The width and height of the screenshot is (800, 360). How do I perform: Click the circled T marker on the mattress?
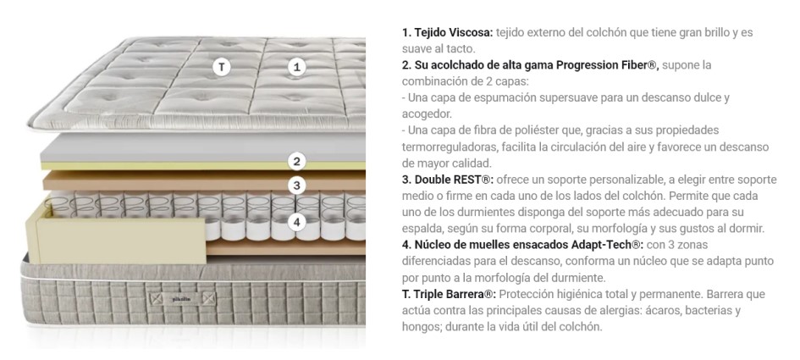pos(222,67)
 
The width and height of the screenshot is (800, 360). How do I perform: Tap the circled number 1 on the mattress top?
pos(297,67)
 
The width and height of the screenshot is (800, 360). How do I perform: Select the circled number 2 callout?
pos(297,162)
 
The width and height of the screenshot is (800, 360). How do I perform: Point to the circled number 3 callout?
pos(297,186)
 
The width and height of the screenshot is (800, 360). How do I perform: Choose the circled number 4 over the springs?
pos(297,222)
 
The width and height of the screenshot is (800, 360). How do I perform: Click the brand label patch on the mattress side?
pos(181,297)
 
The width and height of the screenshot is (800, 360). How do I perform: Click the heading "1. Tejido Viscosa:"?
pos(448,33)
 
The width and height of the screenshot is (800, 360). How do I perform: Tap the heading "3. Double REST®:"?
pos(448,180)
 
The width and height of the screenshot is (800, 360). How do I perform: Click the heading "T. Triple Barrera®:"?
pos(449,294)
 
